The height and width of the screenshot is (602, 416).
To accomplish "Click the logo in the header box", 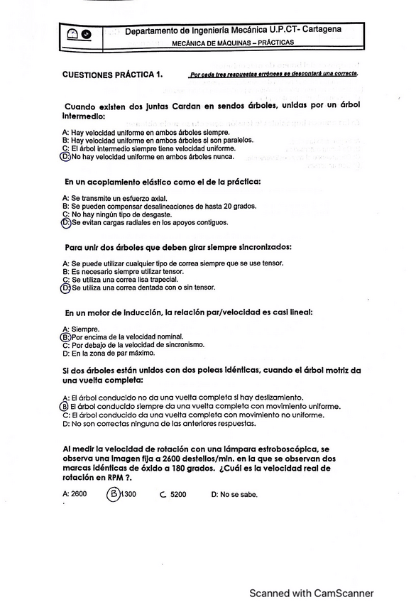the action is click(78, 33).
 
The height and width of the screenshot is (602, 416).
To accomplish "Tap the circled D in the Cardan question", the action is click(65, 157).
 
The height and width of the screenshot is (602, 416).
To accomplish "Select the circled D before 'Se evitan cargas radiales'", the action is click(66, 222).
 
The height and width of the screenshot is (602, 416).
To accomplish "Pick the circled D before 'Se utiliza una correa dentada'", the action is click(66, 288).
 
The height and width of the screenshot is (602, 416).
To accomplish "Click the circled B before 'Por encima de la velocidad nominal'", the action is click(66, 336).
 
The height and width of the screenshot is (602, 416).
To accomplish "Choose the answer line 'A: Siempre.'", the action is click(81, 329).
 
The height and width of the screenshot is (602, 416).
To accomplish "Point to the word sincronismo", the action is click(180, 345).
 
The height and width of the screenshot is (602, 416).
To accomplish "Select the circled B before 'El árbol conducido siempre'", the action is click(65, 406).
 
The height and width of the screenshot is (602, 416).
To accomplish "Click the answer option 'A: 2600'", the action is click(75, 494).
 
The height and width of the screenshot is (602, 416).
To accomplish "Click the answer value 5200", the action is click(177, 495).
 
